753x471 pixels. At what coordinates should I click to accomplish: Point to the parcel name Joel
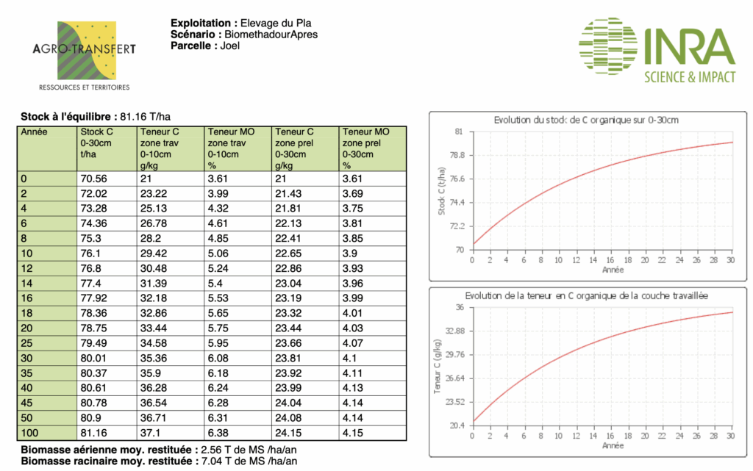[x=230, y=46]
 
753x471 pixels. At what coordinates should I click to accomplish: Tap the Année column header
[x=35, y=132]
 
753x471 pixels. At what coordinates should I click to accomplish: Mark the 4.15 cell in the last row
[x=353, y=434]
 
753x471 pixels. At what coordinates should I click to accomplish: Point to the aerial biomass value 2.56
[x=204, y=450]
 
